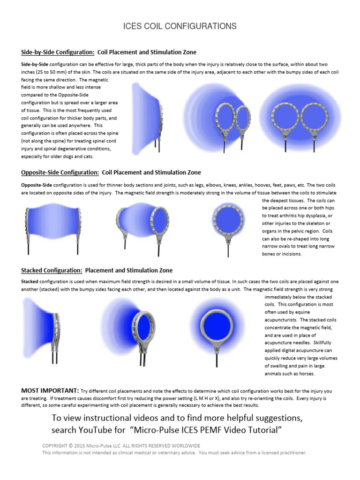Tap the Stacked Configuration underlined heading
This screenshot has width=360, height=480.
52,270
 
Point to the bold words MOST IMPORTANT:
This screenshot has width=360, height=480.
50,390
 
